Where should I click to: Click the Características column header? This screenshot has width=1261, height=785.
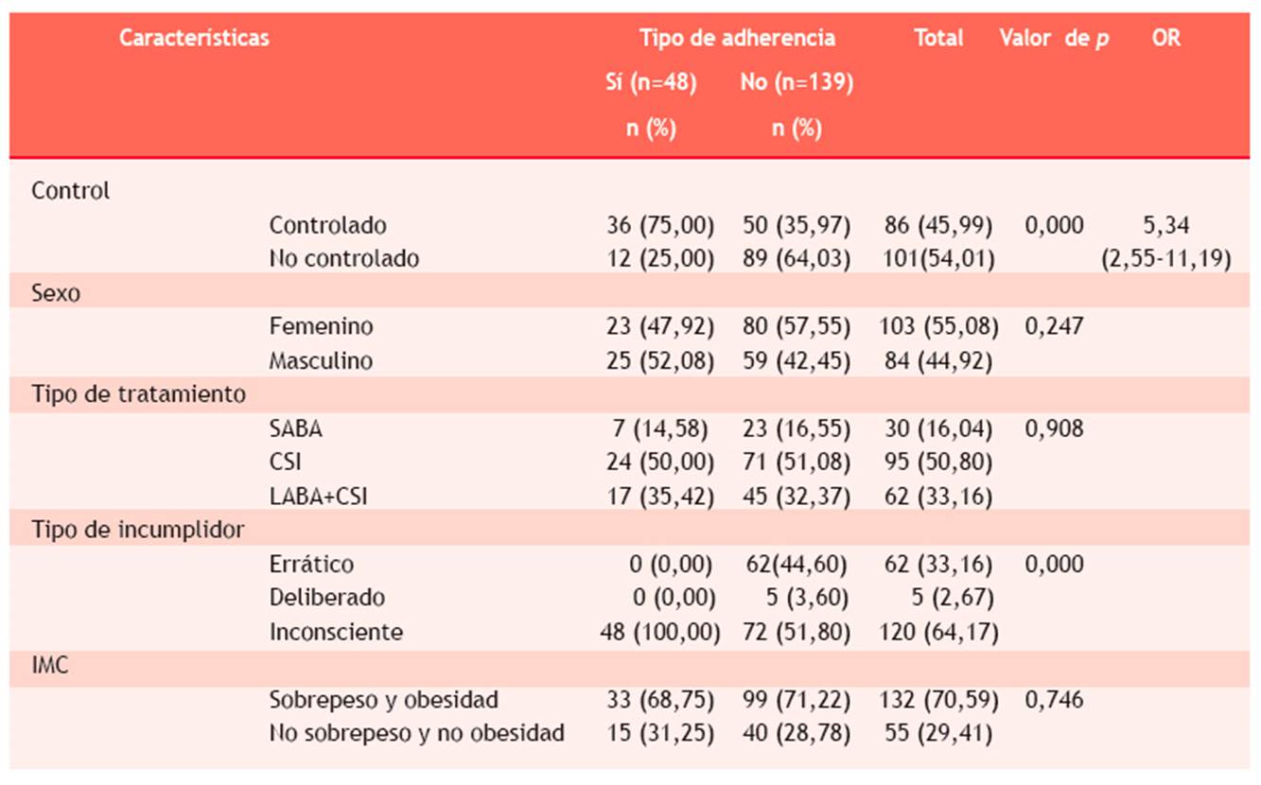(194, 38)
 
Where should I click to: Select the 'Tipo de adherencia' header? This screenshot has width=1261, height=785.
(737, 38)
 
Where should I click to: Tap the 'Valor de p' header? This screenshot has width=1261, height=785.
(1054, 38)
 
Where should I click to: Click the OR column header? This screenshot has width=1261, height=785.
(1166, 38)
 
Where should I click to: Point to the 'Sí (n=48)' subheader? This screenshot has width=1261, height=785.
(651, 83)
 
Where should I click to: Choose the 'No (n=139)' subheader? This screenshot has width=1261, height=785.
(797, 83)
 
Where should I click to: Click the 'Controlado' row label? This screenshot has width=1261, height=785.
(328, 225)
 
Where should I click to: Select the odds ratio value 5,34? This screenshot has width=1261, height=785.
(1165, 225)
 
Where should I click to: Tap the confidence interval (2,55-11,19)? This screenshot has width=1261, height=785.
(1165, 259)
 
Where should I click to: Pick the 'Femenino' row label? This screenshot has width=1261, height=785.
(321, 326)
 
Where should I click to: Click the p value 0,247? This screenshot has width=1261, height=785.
(1054, 326)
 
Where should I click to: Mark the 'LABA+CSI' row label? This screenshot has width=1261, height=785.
(318, 497)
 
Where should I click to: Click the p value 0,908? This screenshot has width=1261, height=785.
(1054, 428)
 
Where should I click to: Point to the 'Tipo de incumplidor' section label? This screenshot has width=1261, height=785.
(138, 530)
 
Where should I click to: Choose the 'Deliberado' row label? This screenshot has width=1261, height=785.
(327, 598)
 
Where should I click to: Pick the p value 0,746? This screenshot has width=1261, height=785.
(1054, 700)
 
